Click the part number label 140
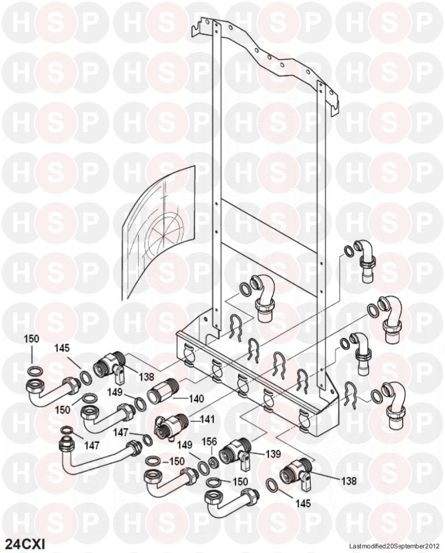pos(196,398)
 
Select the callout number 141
pos(207,419)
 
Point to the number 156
pos(209,441)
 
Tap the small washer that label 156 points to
pos(213,463)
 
